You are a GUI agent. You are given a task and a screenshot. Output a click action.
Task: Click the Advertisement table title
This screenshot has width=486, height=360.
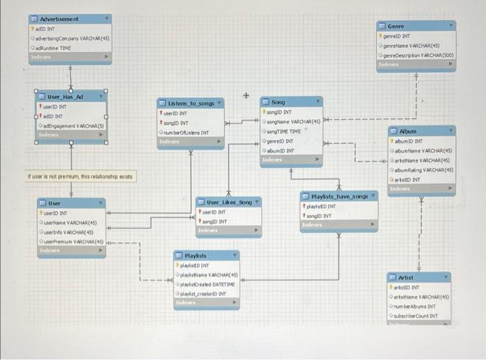(60, 19)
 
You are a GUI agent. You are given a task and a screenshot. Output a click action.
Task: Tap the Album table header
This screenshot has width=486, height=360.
(408, 130)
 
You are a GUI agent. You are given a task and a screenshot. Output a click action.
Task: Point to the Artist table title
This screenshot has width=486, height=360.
(407, 277)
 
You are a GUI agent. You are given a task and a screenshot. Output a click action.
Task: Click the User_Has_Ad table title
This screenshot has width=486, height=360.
(65, 97)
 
